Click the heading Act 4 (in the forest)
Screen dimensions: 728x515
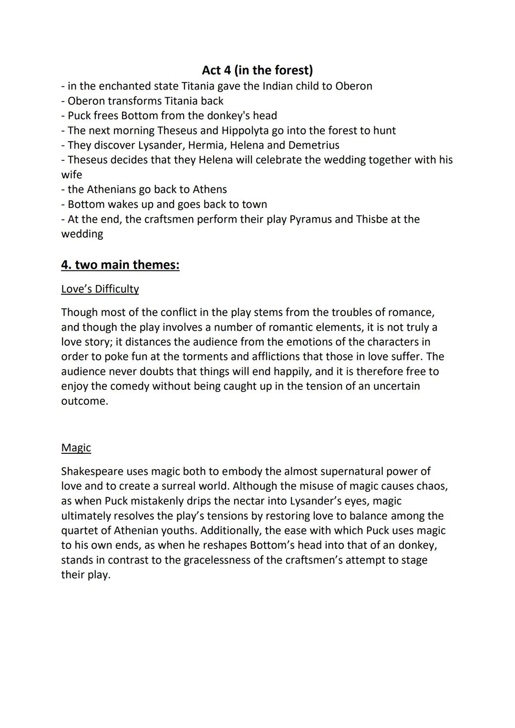[x=257, y=70]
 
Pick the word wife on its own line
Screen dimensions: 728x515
[x=72, y=175]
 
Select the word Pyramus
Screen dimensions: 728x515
[x=310, y=219]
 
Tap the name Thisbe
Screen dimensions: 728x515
[x=371, y=219]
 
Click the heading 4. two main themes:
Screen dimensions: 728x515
[x=120, y=265]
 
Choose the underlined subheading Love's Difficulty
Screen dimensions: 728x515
[x=100, y=289]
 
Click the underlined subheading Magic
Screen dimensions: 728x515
[x=76, y=448]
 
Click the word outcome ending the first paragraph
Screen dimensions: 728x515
[x=84, y=401]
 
